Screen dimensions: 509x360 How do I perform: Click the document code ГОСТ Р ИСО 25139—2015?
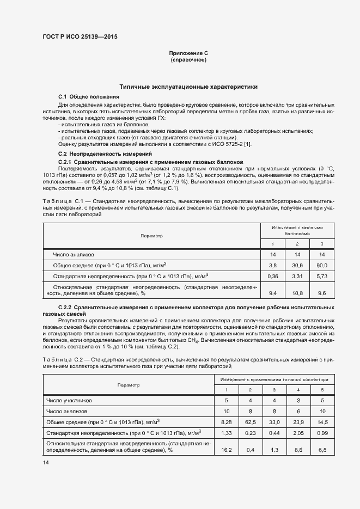pos(80,37)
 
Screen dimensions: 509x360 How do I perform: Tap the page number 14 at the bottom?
pos(46,462)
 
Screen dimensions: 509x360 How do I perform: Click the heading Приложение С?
pos(188,53)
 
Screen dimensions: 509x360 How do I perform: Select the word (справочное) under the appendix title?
pos(188,59)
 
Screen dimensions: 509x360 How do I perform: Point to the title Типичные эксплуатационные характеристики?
pos(188,87)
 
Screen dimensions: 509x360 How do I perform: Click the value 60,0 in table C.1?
pos(321,265)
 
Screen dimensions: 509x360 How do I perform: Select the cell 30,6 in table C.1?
pos(297,265)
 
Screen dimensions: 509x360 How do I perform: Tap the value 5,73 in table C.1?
pos(321,277)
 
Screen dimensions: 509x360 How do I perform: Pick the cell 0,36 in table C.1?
pos(273,277)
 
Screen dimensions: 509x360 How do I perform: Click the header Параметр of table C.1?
pos(151,236)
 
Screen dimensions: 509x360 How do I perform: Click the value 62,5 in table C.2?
pos(250,421)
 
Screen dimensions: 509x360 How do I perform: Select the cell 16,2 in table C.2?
pos(228,450)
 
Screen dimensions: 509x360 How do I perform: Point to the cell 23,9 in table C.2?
pos(298,421)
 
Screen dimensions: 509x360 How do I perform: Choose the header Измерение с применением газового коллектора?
pos(274,379)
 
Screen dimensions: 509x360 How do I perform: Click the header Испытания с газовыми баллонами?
pos(297,231)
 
